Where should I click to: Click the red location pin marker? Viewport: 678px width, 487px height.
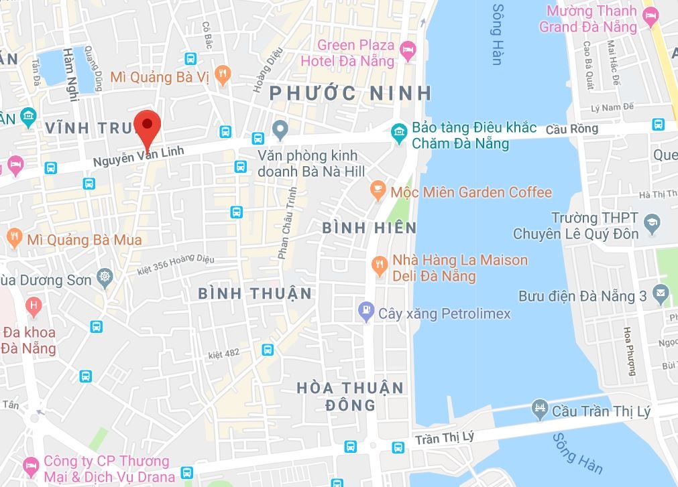tap(147, 126)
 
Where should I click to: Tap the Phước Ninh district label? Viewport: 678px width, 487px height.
tap(349, 93)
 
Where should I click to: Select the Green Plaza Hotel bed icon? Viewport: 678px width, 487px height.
tap(407, 49)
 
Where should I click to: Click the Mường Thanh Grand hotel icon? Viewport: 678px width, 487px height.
tap(649, 15)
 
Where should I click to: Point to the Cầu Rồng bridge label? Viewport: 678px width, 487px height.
tap(571, 129)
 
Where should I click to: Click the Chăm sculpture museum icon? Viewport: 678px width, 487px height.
tap(400, 132)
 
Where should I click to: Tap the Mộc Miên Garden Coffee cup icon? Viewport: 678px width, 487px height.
tap(378, 192)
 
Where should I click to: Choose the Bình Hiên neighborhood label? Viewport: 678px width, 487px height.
tap(370, 228)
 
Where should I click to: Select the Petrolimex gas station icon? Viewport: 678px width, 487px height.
tap(365, 310)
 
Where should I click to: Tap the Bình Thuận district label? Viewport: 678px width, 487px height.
tap(256, 293)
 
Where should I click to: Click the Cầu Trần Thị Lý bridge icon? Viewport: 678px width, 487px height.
tap(539, 408)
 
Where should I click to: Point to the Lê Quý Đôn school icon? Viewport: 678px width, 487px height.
tap(650, 221)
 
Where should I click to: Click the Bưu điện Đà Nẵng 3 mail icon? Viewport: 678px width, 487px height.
tap(661, 292)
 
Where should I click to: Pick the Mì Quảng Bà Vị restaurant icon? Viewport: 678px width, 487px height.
tap(224, 72)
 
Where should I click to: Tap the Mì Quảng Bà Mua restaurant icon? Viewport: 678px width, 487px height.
tap(13, 236)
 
